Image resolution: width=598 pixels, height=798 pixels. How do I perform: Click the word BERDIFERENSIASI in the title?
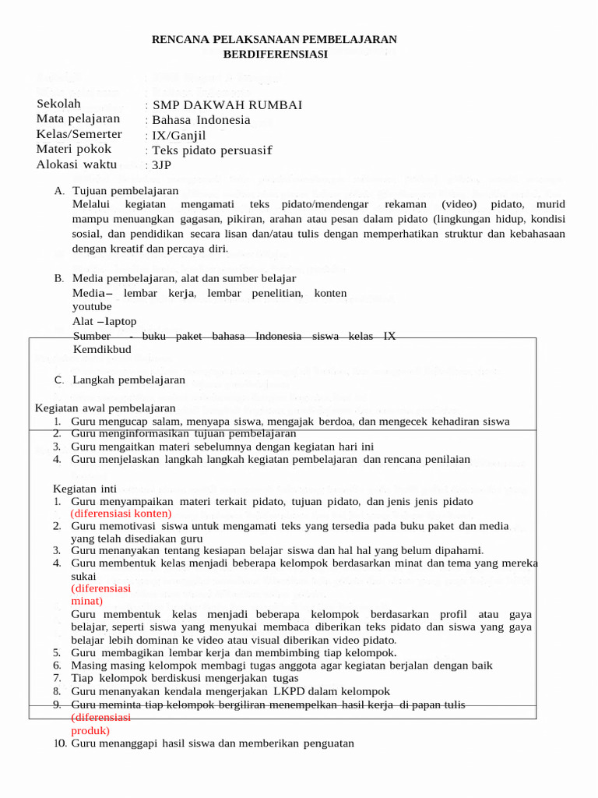point(275,54)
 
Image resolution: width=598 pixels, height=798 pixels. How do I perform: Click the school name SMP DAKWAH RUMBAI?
point(227,105)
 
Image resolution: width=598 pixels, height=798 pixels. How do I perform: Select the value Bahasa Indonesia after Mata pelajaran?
point(201,120)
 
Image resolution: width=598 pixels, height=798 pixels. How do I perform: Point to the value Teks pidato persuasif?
point(212,150)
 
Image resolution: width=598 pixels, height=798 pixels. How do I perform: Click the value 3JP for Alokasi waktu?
point(161,164)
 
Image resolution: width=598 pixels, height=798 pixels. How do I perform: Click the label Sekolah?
point(58,104)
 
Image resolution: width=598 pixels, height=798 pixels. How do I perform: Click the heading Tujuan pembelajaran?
point(125,191)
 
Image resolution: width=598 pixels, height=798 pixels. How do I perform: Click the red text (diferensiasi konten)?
point(121,514)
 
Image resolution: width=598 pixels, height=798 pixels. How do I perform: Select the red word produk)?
point(90,731)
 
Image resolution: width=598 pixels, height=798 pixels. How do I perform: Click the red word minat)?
point(86,602)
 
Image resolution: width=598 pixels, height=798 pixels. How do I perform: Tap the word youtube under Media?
point(92,307)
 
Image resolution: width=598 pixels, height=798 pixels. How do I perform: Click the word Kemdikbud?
point(102,349)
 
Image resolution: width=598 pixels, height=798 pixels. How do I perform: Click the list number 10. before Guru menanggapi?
point(60,743)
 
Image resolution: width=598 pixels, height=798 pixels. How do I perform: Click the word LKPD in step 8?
point(287,691)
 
